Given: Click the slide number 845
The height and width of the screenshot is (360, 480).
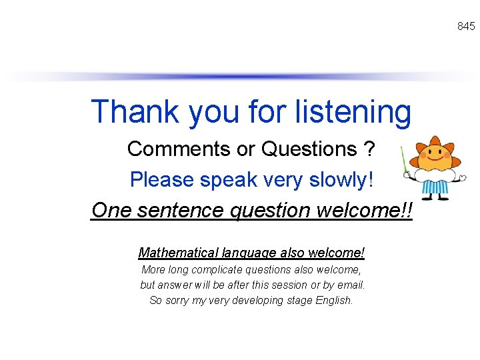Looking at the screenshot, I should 466,26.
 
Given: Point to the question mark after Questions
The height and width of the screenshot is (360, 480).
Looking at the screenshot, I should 369,149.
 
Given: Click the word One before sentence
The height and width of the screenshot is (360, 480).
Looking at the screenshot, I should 107,210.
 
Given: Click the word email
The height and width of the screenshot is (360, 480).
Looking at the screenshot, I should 351,285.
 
